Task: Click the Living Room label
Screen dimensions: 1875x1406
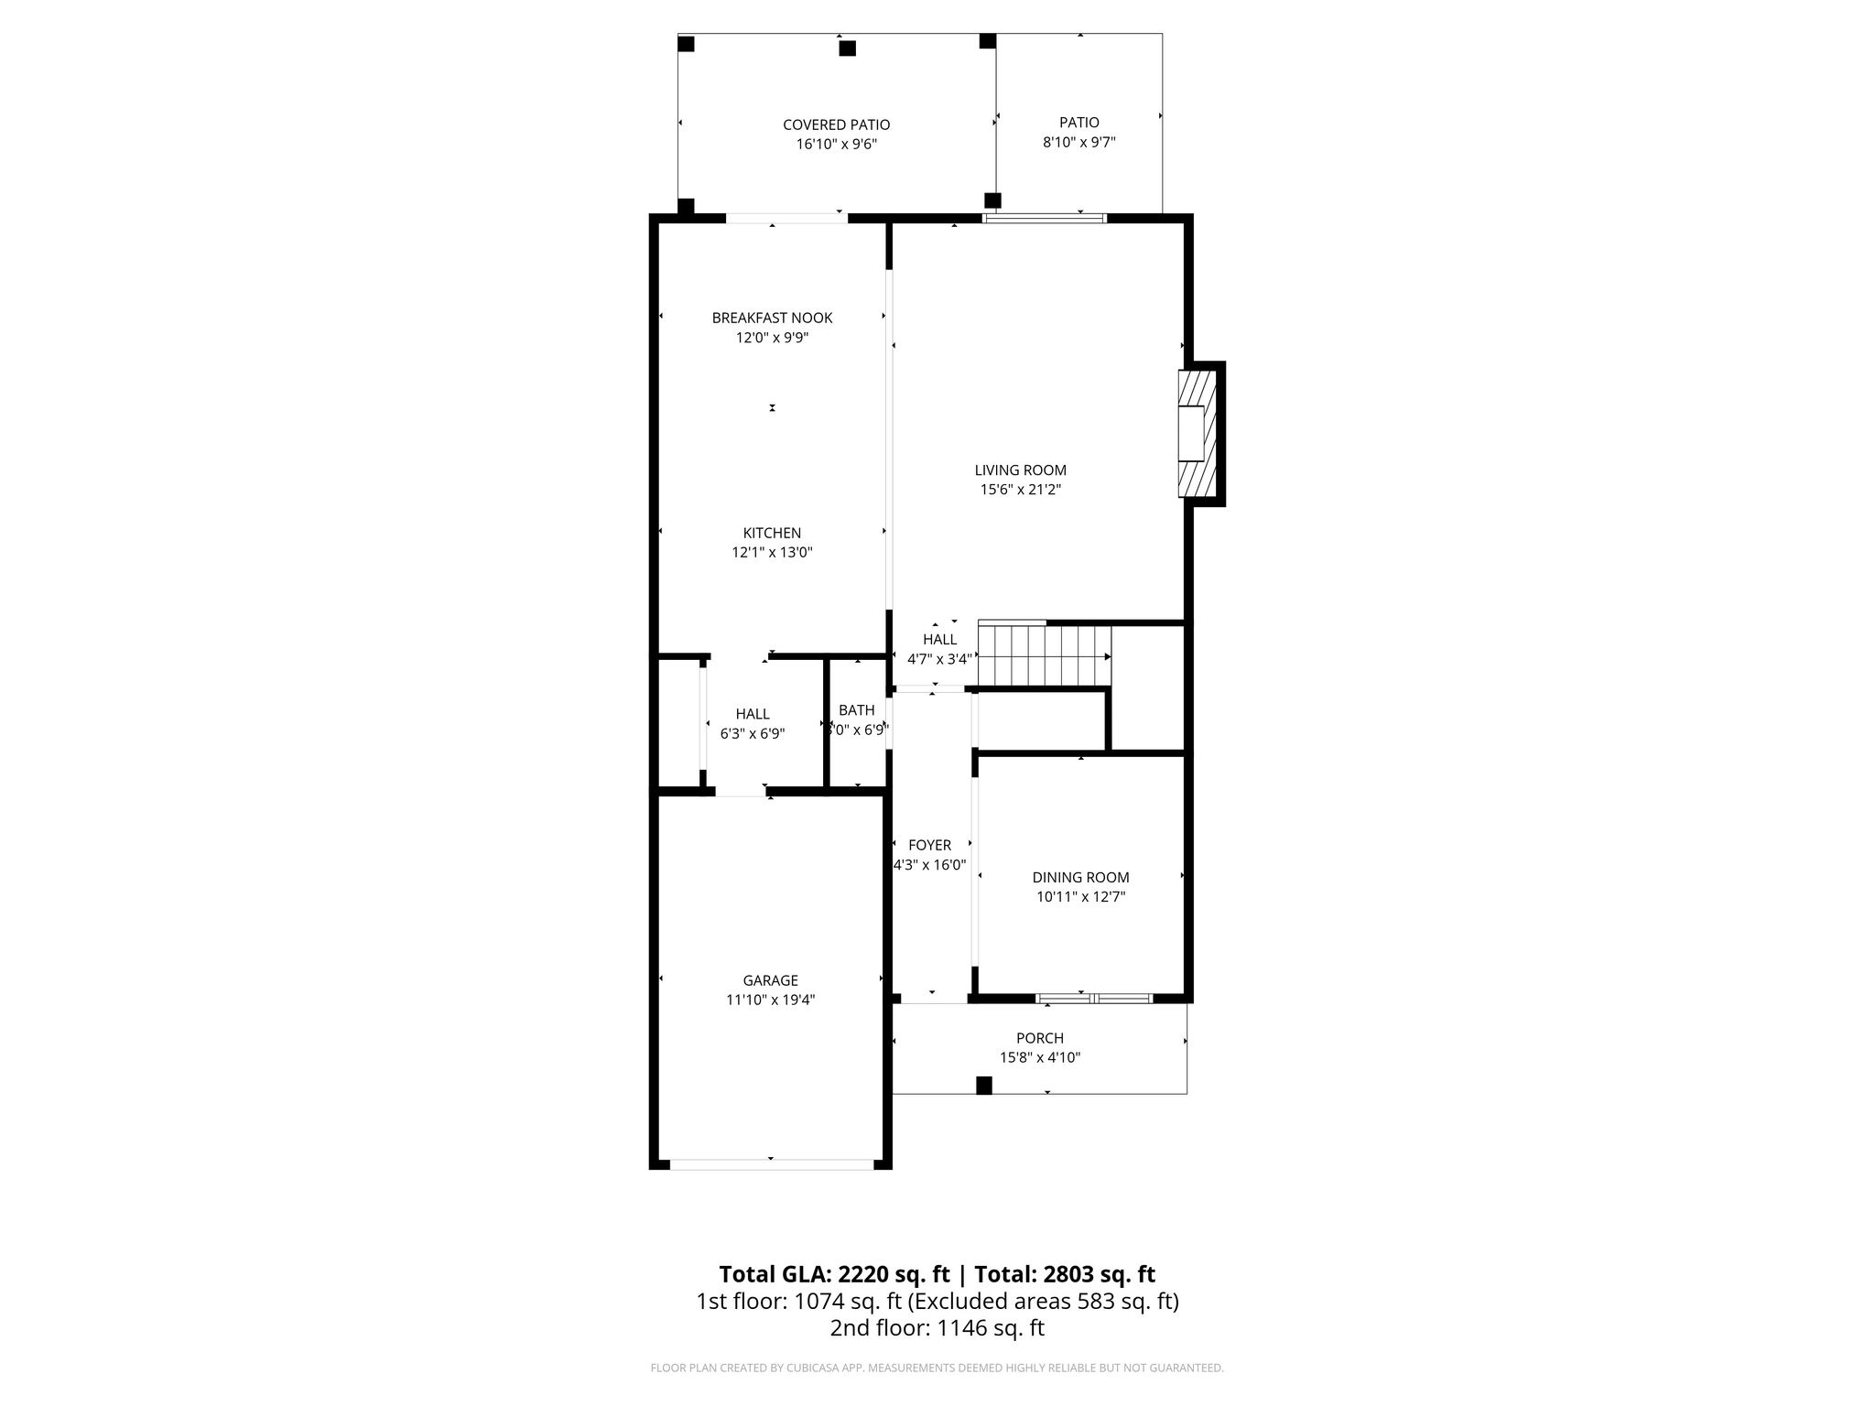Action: pos(1020,470)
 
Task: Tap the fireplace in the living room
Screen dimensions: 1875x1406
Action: pos(1197,433)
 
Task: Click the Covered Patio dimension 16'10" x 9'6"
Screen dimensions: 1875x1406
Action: pos(836,145)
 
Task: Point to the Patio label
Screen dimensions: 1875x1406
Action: pos(1079,123)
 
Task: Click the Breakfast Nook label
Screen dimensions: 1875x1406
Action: pos(772,319)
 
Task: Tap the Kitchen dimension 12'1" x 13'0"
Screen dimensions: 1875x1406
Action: pos(772,553)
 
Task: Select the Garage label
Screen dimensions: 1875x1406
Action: pos(771,981)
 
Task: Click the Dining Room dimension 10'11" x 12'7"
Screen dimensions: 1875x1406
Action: pos(1080,897)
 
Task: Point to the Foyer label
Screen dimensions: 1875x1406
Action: pos(929,846)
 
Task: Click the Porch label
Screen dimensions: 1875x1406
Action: pos(1040,1038)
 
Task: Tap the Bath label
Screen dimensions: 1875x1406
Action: pos(857,710)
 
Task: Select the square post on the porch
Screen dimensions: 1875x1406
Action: pos(984,1086)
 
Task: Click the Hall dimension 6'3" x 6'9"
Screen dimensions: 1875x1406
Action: pos(753,734)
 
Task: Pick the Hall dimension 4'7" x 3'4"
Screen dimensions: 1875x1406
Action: pos(939,659)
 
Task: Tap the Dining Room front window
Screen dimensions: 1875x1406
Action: pos(1094,998)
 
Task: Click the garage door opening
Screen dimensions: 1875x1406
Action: pos(771,1164)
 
